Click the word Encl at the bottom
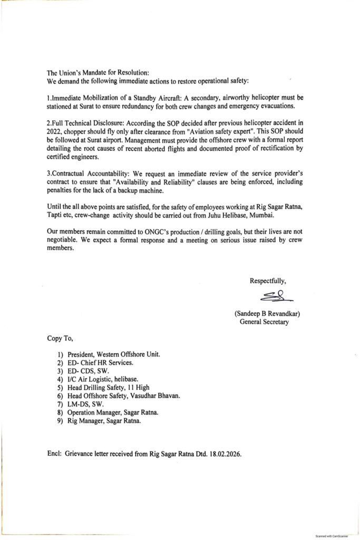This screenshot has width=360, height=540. click(53, 452)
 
